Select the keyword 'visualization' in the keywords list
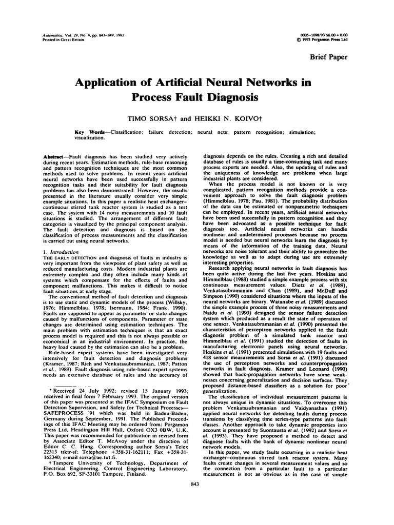(x=89, y=137)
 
